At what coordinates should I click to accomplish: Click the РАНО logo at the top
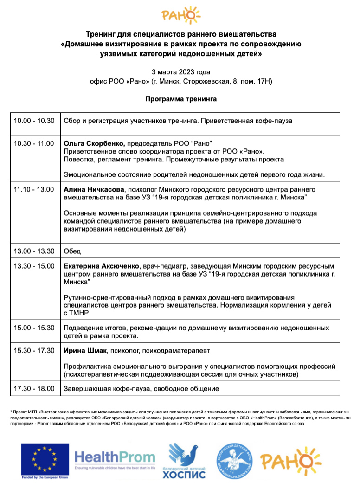click(x=180, y=15)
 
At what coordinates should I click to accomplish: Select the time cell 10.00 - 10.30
click(x=34, y=121)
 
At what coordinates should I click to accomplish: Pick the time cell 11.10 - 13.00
click(x=34, y=190)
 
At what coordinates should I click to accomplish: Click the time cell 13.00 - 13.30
click(x=34, y=251)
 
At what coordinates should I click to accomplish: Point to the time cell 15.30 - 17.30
click(x=34, y=350)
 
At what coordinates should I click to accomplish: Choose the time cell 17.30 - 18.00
click(x=34, y=388)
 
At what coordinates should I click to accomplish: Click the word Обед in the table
click(x=72, y=251)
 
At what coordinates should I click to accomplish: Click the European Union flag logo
click(x=45, y=461)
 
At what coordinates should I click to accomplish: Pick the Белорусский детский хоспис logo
click(x=186, y=461)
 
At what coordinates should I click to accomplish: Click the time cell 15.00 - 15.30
click(x=34, y=328)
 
